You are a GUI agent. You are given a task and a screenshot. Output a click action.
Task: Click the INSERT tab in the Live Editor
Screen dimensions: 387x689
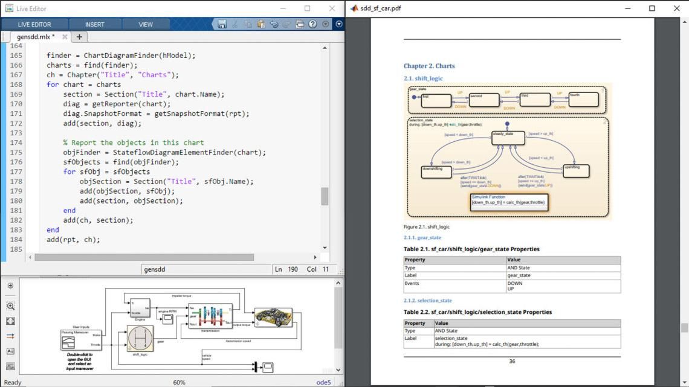coord(94,24)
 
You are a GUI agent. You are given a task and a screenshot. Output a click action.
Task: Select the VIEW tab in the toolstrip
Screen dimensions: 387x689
coord(146,24)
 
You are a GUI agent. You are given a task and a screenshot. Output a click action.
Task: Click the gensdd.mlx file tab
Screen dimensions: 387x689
coord(36,37)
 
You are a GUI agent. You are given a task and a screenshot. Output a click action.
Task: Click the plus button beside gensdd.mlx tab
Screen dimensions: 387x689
coord(79,37)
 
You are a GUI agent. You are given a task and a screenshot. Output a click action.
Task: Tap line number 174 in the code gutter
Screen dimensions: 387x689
coord(15,142)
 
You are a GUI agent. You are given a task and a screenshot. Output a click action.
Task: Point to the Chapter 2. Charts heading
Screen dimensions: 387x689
coord(429,66)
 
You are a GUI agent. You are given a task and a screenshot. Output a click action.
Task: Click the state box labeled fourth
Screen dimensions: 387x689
coord(583,100)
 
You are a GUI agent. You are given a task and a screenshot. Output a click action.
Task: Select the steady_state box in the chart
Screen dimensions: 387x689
coord(508,138)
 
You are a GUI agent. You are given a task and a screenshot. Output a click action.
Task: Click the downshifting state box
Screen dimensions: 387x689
coord(436,172)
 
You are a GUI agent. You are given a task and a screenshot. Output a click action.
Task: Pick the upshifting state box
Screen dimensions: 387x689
coord(575,171)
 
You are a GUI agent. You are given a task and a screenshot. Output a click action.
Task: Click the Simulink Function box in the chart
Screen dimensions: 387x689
coord(509,202)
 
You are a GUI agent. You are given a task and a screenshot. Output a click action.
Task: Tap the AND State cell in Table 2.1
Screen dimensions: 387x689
coord(518,267)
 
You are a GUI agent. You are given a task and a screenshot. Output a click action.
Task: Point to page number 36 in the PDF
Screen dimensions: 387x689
coord(512,362)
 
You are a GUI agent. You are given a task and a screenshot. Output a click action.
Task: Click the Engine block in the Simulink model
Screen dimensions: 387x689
coord(140,307)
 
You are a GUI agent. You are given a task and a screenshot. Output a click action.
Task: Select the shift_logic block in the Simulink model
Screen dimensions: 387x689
coord(140,339)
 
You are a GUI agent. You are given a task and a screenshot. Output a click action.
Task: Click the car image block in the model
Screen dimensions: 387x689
coord(273,317)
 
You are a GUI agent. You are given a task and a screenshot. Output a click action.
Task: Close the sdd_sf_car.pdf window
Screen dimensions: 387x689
coord(676,8)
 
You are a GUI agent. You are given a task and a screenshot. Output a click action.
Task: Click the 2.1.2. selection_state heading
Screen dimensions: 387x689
coord(428,301)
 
